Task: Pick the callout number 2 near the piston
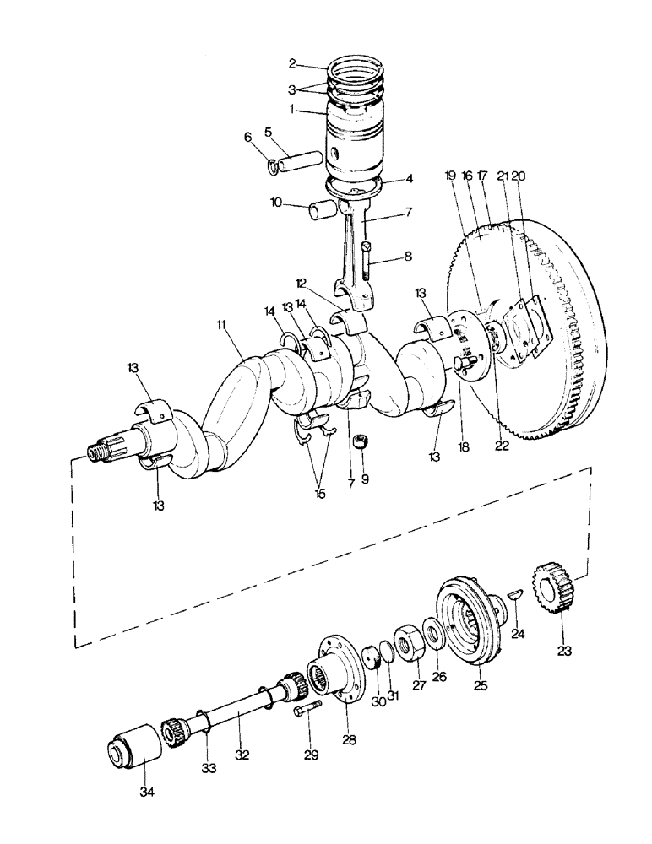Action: click(x=291, y=62)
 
